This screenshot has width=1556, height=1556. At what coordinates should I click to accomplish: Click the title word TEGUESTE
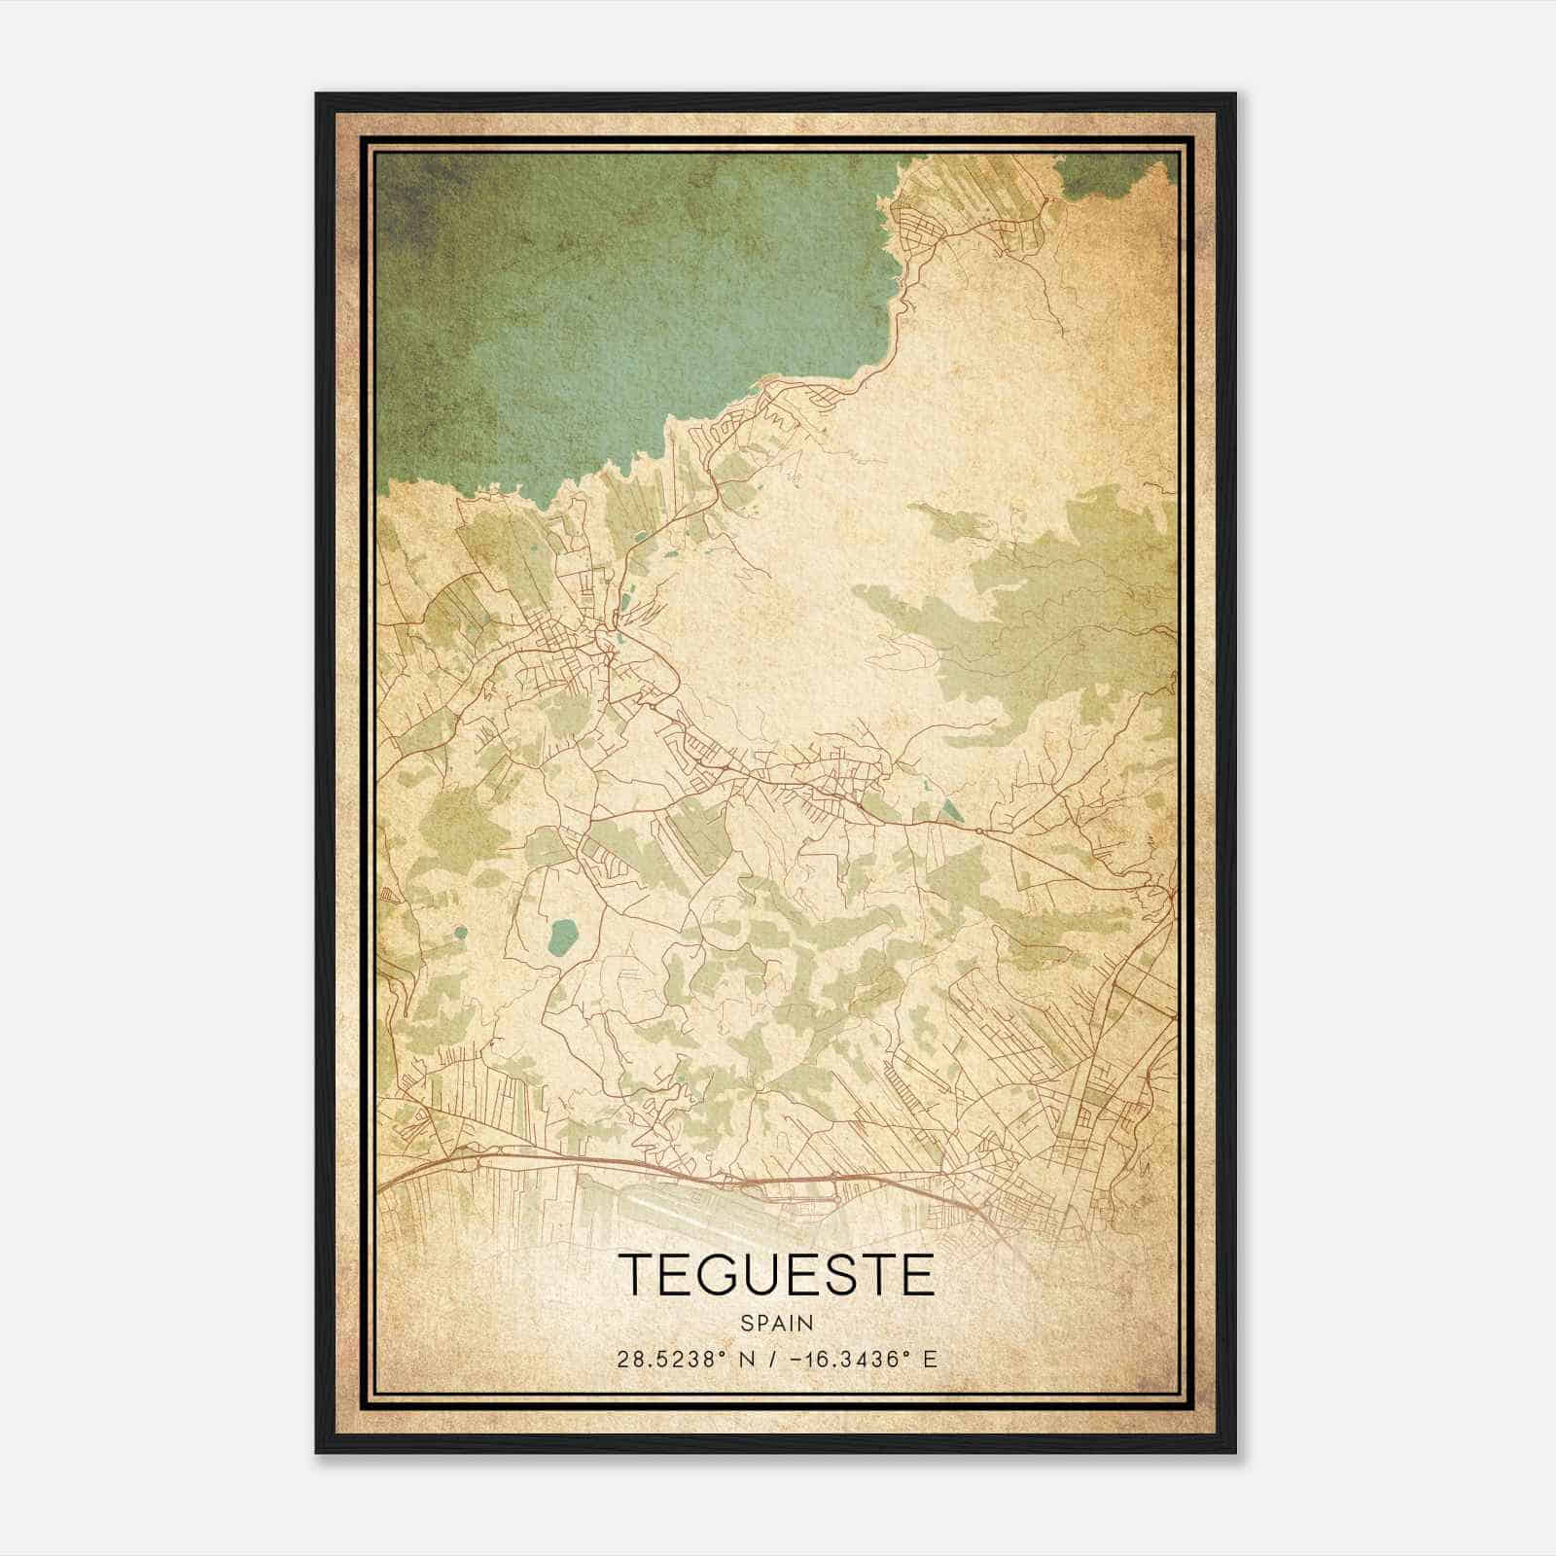click(x=776, y=1274)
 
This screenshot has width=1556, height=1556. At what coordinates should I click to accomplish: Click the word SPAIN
click(x=776, y=1324)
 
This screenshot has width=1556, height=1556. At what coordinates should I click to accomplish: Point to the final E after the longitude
click(x=930, y=1359)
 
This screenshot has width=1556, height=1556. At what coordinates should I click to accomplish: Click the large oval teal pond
click(x=562, y=936)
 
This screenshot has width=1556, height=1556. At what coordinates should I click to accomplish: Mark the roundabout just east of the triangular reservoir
click(x=976, y=831)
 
